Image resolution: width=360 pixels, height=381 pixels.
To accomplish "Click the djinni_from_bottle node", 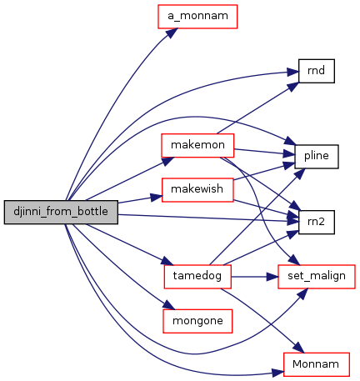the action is click(x=61, y=212).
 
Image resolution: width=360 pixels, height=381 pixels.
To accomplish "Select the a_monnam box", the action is click(x=197, y=17).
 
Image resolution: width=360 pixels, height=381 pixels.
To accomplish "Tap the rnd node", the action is click(x=317, y=71).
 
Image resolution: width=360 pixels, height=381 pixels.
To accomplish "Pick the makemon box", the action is click(x=197, y=145).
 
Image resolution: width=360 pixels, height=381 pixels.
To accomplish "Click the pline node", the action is click(x=317, y=157).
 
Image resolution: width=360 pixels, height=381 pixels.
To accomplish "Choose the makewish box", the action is click(x=197, y=190).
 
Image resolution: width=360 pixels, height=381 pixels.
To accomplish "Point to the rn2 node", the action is click(x=317, y=222).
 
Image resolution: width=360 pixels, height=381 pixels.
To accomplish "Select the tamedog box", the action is click(x=197, y=277).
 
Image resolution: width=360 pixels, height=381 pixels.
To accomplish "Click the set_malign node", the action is click(x=317, y=277).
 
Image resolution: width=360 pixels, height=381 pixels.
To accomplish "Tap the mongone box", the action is click(x=197, y=321).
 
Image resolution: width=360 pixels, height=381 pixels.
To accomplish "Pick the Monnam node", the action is click(x=317, y=364).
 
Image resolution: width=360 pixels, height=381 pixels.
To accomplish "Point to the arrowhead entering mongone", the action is click(x=169, y=305).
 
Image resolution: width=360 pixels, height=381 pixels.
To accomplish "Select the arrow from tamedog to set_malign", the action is click(x=254, y=277).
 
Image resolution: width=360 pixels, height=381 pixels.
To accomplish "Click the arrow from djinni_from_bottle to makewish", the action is click(x=140, y=199).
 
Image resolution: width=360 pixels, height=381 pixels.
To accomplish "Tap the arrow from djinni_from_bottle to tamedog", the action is click(x=130, y=244).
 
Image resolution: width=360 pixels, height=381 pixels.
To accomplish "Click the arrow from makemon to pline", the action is click(x=264, y=152).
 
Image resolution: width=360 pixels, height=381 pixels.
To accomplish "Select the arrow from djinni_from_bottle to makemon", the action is click(x=130, y=178).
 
